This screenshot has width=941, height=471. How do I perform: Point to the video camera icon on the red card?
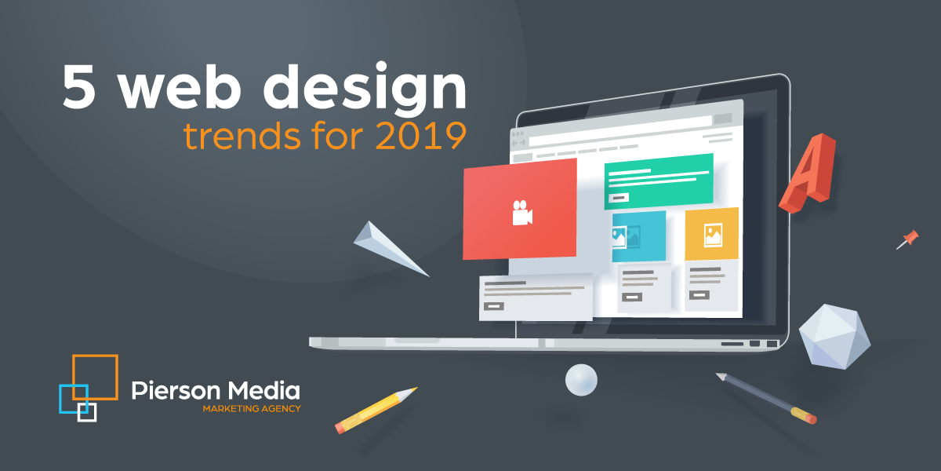(521, 213)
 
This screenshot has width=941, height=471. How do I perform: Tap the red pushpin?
(908, 239)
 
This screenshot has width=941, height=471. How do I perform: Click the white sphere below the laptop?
(581, 379)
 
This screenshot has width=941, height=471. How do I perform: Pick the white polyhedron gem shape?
(834, 336)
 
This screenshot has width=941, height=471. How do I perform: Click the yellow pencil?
(376, 409)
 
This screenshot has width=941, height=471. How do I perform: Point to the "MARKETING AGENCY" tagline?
(251, 409)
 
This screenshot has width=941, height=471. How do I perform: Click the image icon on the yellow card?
(713, 234)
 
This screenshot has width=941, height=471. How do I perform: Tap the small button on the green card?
(619, 198)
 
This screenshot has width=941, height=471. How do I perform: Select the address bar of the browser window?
(619, 141)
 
